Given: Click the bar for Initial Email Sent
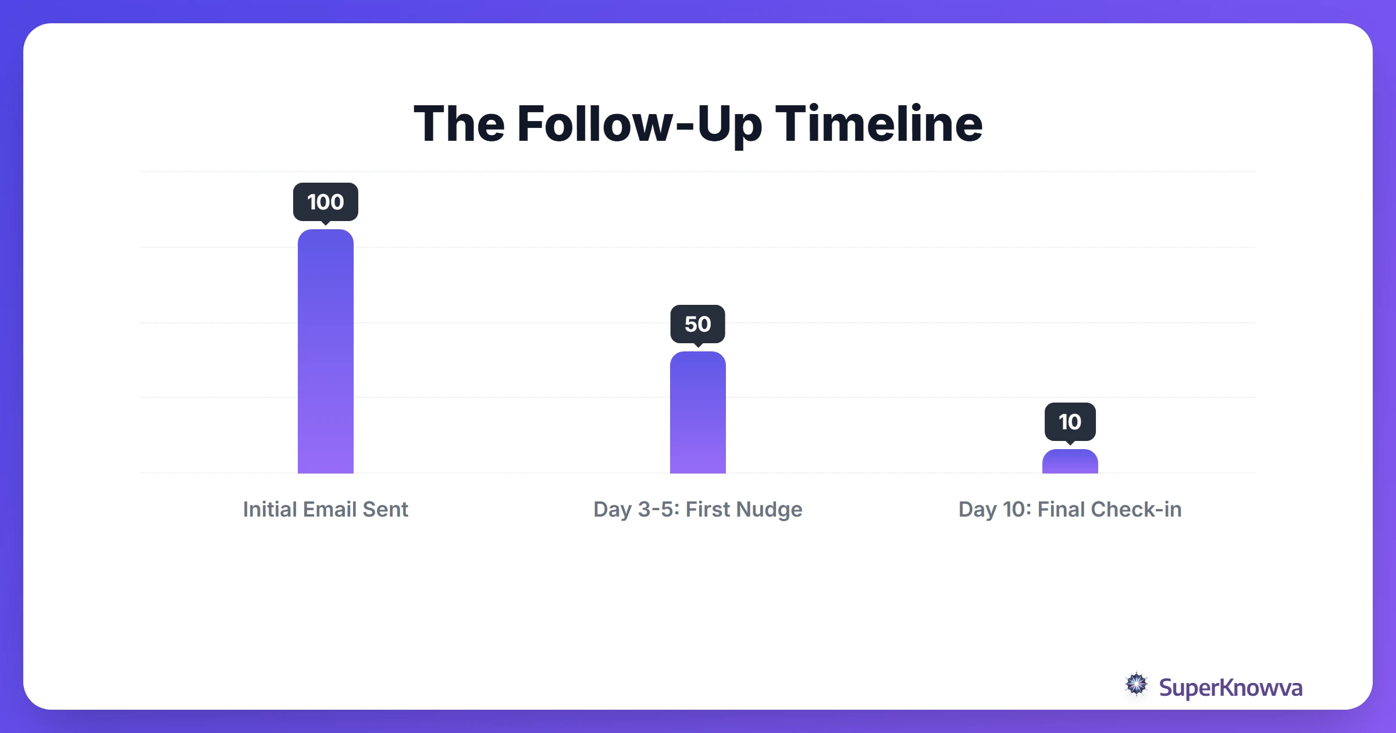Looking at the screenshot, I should pos(326,351).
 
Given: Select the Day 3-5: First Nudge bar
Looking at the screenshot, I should pos(698,412).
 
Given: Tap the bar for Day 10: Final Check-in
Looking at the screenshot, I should pos(1070,462).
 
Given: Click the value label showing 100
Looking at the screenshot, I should pos(326,202).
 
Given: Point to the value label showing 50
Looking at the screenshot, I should pos(698,324).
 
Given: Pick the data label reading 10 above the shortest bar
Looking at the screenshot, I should pos(1070,422).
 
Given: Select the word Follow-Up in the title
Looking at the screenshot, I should pos(639,124).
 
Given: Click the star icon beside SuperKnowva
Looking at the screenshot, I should pos(1137,685).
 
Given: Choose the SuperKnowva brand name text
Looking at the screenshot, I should pos(1230,688).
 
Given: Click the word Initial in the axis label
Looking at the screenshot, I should pos(269,509).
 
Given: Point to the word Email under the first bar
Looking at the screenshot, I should pos(329,509).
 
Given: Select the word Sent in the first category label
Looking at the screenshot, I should pos(385,509).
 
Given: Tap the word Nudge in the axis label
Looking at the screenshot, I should pos(769,509).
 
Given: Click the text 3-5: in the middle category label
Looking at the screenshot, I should pos(658,509).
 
